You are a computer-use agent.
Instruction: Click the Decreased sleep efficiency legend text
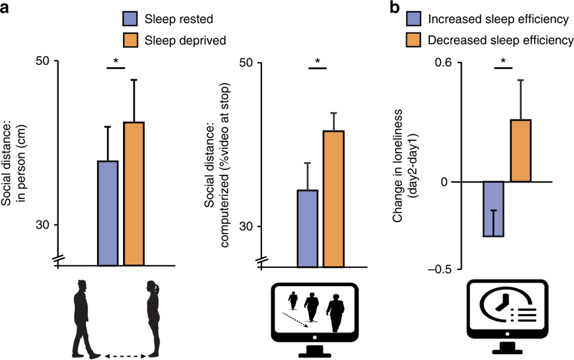[499, 40]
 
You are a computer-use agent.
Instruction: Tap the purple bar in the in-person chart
[108, 213]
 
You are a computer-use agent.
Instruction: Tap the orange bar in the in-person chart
[134, 193]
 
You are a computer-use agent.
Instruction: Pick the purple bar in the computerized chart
[308, 227]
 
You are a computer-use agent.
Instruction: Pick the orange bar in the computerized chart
[334, 198]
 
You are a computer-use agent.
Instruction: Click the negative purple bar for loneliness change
[494, 209]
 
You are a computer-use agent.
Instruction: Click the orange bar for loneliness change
[520, 151]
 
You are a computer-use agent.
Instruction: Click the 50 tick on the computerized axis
[247, 63]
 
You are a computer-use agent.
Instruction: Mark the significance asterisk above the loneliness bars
[503, 62]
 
